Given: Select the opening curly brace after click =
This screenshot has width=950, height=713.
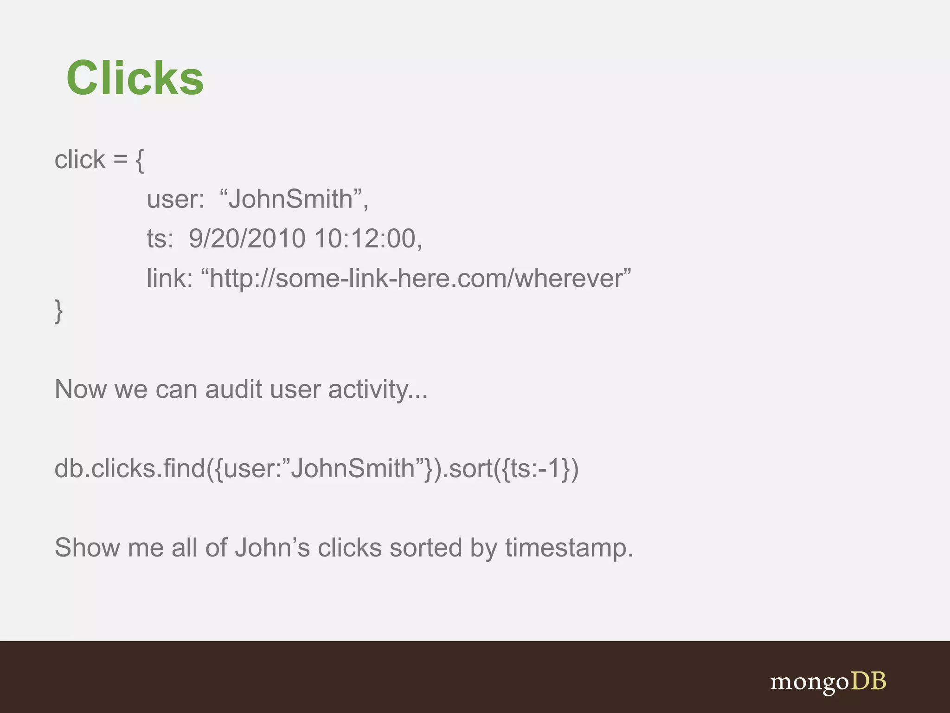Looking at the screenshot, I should (140, 161).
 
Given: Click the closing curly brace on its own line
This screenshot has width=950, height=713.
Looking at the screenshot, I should (59, 311).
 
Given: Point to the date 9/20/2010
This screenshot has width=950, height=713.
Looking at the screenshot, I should (247, 239).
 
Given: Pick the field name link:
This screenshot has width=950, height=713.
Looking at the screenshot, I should (169, 278).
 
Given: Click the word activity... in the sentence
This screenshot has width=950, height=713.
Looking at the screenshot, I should (378, 390).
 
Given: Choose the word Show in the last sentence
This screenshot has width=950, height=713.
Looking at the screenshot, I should (87, 548).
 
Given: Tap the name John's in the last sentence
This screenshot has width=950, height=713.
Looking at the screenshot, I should (272, 548).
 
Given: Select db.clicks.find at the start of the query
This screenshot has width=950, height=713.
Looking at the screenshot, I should (129, 468).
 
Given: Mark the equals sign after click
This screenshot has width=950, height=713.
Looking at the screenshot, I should (120, 160).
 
